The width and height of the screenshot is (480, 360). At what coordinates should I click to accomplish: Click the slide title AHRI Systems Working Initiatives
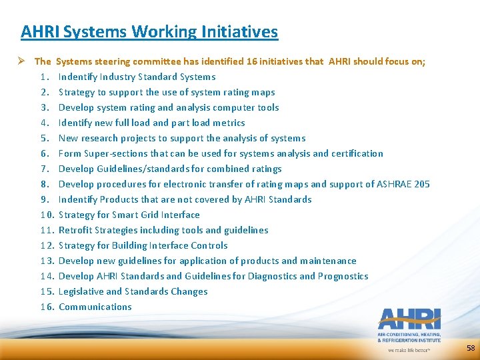click(x=149, y=31)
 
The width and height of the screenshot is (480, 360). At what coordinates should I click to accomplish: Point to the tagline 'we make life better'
click(x=409, y=349)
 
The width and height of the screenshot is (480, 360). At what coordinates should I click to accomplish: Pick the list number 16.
click(x=46, y=307)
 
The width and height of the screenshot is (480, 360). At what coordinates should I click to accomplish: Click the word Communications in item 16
click(x=95, y=307)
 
